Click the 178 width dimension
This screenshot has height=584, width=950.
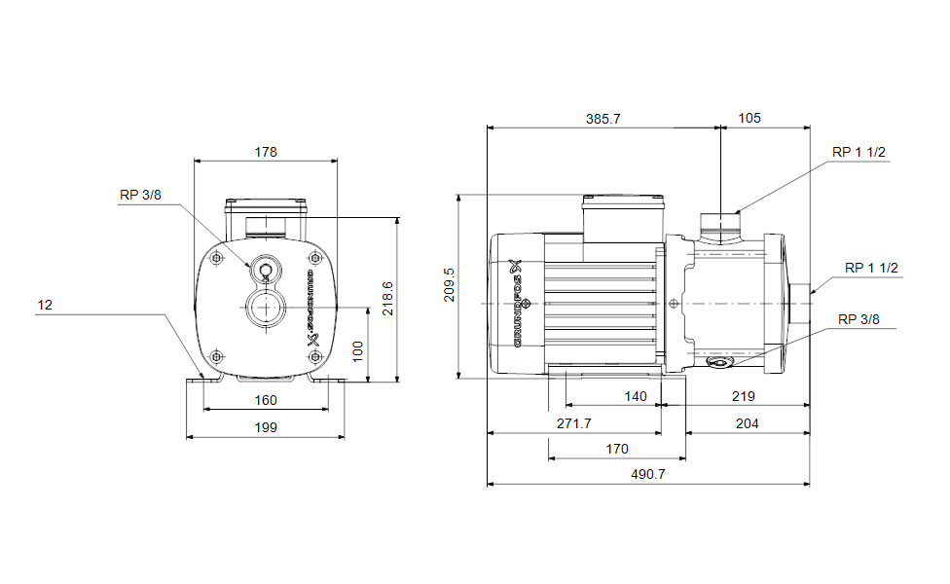click(266, 152)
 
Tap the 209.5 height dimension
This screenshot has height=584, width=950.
click(448, 285)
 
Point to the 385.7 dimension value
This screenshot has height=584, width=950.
click(603, 119)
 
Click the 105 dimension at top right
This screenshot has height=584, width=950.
click(749, 119)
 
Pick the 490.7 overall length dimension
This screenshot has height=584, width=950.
click(648, 474)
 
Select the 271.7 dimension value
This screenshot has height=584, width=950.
click(573, 423)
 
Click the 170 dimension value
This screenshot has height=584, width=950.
click(616, 449)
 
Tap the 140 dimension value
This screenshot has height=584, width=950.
click(635, 396)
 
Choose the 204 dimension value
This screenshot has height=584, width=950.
click(747, 423)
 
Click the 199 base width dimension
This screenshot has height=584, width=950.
click(266, 426)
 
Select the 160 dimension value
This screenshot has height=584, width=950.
click(266, 400)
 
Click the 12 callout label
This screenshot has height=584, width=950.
click(45, 305)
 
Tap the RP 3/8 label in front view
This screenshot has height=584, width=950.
click(140, 195)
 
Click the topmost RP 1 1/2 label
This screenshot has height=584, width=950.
click(859, 152)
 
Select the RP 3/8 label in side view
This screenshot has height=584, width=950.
click(859, 319)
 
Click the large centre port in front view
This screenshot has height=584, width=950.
click(264, 309)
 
